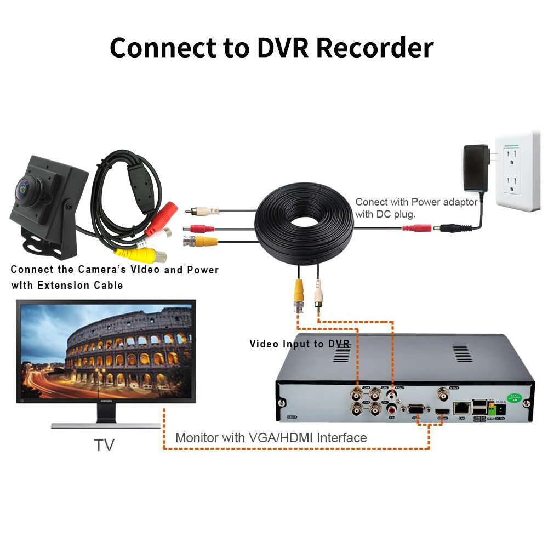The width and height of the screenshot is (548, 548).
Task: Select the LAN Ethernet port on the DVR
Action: (462, 407)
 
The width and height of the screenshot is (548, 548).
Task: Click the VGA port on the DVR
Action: (415, 409)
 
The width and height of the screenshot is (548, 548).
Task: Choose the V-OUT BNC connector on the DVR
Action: (442, 393)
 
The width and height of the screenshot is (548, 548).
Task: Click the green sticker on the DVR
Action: (513, 396)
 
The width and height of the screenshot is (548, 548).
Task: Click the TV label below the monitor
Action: (104, 444)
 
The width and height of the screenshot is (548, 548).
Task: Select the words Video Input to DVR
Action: (299, 344)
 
